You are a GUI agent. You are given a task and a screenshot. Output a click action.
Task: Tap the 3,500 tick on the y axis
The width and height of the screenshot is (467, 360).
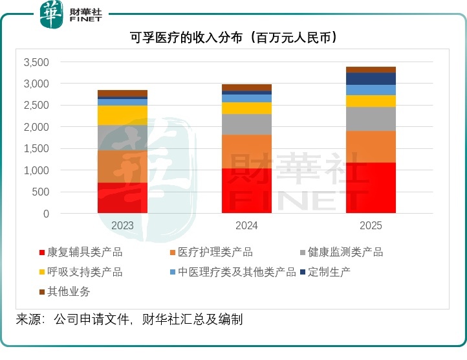36,62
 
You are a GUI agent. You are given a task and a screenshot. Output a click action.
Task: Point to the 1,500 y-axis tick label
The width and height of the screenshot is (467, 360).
36,149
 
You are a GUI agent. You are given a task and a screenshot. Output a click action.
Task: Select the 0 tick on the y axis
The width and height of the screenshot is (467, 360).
46,214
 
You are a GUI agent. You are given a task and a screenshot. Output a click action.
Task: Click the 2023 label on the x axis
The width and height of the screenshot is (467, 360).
122,226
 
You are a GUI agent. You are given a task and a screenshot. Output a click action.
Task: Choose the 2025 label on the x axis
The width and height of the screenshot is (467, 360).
371,226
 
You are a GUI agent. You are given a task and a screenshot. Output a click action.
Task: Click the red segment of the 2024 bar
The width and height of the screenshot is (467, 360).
246,190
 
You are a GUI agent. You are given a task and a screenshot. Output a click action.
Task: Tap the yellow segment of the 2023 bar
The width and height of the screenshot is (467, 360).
122,115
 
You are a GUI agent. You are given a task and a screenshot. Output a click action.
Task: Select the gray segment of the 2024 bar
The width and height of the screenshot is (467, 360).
246,124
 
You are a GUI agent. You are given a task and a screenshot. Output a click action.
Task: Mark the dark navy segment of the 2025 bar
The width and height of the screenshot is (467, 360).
371,78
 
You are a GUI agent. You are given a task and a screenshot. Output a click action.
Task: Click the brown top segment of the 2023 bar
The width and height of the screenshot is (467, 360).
122,93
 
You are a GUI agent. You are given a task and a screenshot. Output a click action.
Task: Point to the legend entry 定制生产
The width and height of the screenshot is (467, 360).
329,272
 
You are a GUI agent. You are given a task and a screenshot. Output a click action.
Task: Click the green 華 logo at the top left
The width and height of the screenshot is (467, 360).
52,14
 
